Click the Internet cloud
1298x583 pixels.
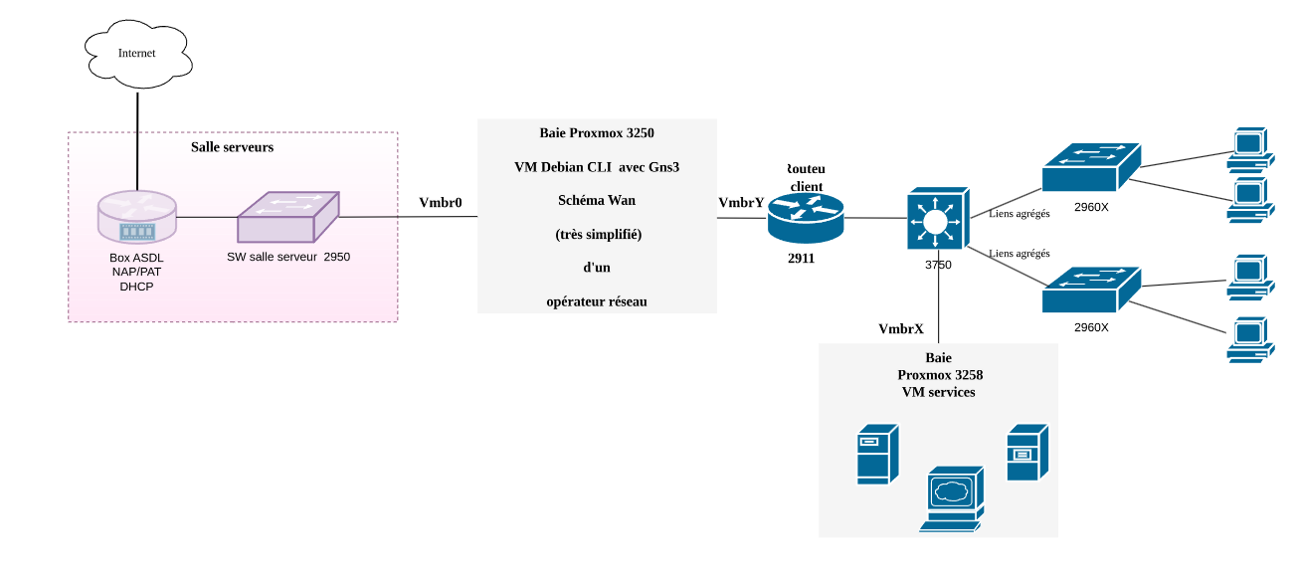136,53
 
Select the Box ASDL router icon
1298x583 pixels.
136,218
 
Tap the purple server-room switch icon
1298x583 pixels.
287,217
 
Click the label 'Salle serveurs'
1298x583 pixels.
232,147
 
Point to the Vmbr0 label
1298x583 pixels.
441,203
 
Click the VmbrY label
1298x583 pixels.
741,203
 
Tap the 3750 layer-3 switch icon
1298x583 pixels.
937,220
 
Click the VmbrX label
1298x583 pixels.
901,328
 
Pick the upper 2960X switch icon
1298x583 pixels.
1090,167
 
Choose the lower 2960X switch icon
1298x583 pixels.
1090,290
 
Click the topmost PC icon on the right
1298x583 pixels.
1249,146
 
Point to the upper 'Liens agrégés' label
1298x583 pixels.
1020,214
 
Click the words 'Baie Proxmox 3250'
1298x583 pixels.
597,132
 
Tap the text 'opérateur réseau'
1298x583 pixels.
597,300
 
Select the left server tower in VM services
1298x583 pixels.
877,455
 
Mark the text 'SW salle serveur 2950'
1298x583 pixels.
288,257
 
